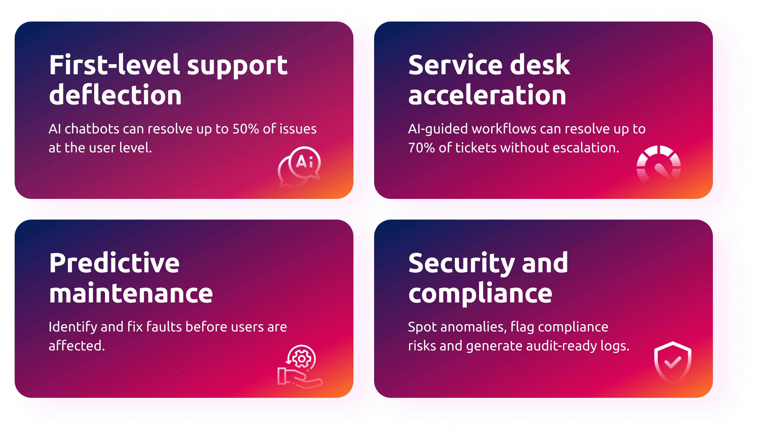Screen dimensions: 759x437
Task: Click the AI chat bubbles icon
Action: coord(299,167)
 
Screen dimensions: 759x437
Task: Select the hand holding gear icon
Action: coord(300,367)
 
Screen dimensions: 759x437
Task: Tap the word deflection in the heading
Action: coord(115,95)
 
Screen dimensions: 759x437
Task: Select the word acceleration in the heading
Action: coord(487,95)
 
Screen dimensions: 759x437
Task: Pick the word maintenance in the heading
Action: coord(131,293)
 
